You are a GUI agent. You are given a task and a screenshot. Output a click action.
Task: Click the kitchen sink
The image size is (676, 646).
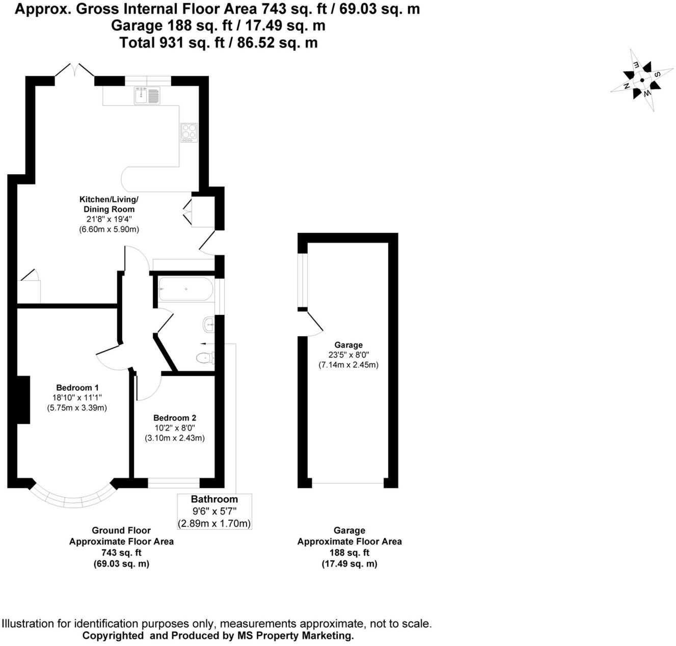pos(147,95)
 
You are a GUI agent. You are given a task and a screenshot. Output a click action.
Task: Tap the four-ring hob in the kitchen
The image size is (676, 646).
pos(189,132)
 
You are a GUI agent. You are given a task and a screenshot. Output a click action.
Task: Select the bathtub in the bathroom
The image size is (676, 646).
pos(185,289)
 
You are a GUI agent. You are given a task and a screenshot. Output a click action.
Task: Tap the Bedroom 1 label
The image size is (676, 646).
pos(77,388)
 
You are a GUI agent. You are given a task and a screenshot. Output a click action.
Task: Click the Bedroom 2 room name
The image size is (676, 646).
pos(175,418)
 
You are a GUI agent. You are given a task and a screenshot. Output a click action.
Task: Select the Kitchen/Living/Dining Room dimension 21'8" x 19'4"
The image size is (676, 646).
pos(109,219)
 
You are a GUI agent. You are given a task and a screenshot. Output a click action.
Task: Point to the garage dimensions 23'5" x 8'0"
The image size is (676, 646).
pos(348,355)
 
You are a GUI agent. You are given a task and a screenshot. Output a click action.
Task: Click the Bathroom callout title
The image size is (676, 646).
pos(214,499)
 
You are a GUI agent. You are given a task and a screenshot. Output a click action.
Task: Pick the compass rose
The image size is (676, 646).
pos(642,80)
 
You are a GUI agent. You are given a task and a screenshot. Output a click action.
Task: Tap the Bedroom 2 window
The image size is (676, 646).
pos(174,483)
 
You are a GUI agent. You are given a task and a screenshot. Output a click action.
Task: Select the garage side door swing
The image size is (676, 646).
pos(315,325)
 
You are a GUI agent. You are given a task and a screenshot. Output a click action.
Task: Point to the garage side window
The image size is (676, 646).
pos(303,281)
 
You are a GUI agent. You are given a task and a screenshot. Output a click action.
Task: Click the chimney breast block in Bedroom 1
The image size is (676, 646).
pos(23,399)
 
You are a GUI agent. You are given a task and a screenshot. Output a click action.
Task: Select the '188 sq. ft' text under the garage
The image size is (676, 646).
pos(349,553)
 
